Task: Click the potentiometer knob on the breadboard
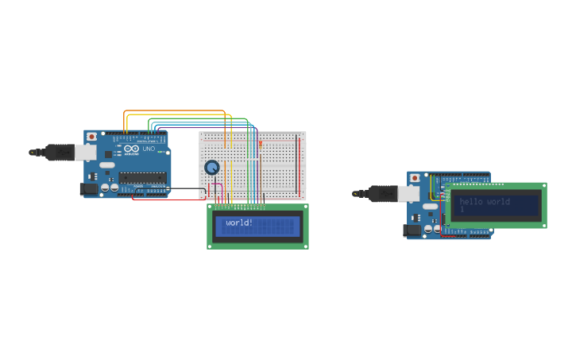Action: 212,167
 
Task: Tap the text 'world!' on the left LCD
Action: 239,223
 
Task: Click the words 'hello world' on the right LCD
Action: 485,201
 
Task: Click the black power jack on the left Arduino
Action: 89,188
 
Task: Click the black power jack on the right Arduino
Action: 412,230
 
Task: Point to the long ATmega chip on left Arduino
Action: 142,177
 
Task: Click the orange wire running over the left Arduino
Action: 175,111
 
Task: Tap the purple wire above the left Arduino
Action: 199,128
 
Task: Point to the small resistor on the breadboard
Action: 260,144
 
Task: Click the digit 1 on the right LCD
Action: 462,210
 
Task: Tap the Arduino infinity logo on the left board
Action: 132,149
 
